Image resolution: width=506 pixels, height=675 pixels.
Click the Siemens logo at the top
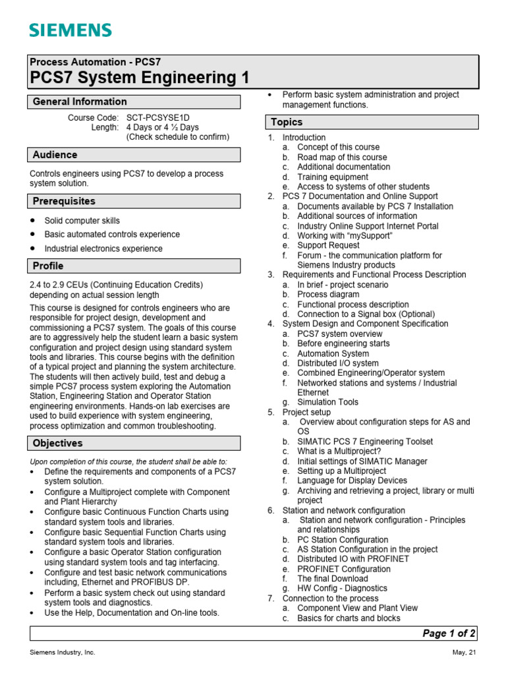[x=70, y=30]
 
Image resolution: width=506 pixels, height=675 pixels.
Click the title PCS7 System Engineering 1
[x=140, y=78]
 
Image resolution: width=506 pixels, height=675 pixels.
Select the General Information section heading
[x=80, y=102]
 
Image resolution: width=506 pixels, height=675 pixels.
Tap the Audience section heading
[x=55, y=155]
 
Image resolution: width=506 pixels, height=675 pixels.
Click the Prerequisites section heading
[x=64, y=201]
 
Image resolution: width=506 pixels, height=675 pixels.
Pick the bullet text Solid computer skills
[x=82, y=221]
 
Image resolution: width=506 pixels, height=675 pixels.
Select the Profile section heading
[x=48, y=266]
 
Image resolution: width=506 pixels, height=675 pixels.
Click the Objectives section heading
[x=57, y=443]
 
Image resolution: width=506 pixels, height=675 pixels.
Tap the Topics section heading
[x=287, y=122]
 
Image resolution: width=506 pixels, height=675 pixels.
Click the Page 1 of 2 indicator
[x=449, y=633]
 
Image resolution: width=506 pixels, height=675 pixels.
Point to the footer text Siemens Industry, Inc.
[x=63, y=653]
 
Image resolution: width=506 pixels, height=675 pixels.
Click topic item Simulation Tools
[x=327, y=402]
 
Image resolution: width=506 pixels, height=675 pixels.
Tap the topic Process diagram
[x=328, y=295]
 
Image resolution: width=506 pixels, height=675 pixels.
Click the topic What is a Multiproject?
[x=339, y=452]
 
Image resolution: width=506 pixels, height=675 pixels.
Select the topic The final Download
[x=333, y=579]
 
